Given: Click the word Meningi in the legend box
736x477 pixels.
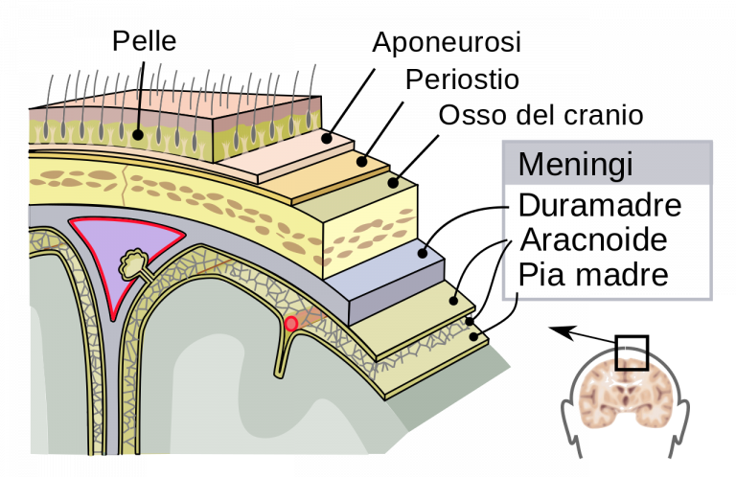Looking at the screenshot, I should (575, 165).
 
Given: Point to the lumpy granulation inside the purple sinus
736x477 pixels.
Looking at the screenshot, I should (134, 261).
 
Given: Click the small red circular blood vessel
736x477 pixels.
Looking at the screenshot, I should (291, 324).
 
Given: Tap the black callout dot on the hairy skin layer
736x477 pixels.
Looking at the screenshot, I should (138, 135).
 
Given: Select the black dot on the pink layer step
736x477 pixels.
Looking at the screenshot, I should (326, 139).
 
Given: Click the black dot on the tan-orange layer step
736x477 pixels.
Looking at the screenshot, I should (362, 161).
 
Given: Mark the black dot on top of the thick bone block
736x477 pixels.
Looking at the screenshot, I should (393, 182).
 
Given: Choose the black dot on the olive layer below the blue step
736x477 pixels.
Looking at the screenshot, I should (454, 300).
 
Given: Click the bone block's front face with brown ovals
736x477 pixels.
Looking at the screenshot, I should (369, 235).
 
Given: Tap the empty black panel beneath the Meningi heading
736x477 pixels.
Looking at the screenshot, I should (607, 240).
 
